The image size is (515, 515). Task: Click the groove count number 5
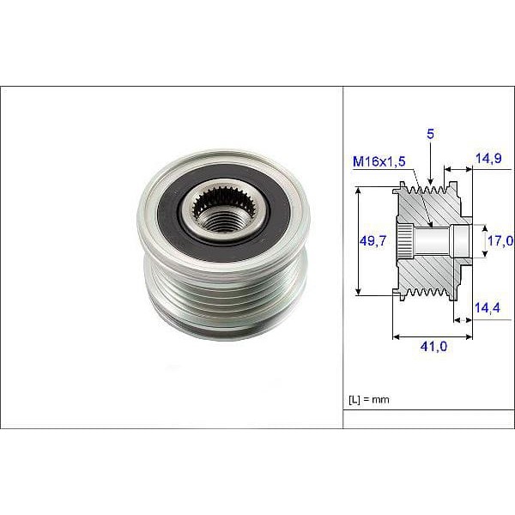(x=428, y=134)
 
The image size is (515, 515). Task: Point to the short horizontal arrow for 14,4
(x=463, y=320)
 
